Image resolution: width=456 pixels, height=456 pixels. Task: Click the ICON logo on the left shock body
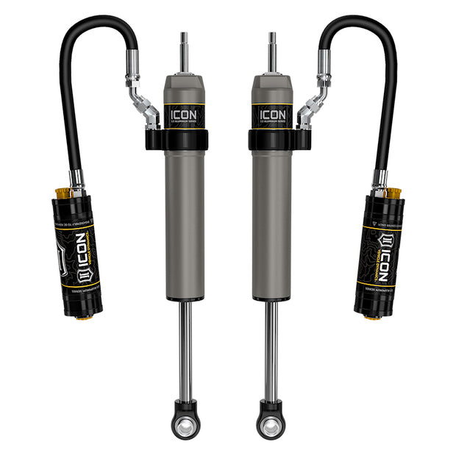pyautogui.click(x=185, y=115)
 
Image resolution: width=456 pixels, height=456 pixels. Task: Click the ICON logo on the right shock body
pyautogui.click(x=272, y=115)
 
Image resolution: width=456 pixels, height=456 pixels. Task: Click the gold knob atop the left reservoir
pyautogui.click(x=63, y=193)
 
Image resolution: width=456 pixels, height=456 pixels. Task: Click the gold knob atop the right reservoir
pyautogui.click(x=393, y=193)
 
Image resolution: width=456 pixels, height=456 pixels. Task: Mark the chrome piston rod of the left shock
pyautogui.click(x=185, y=346)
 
